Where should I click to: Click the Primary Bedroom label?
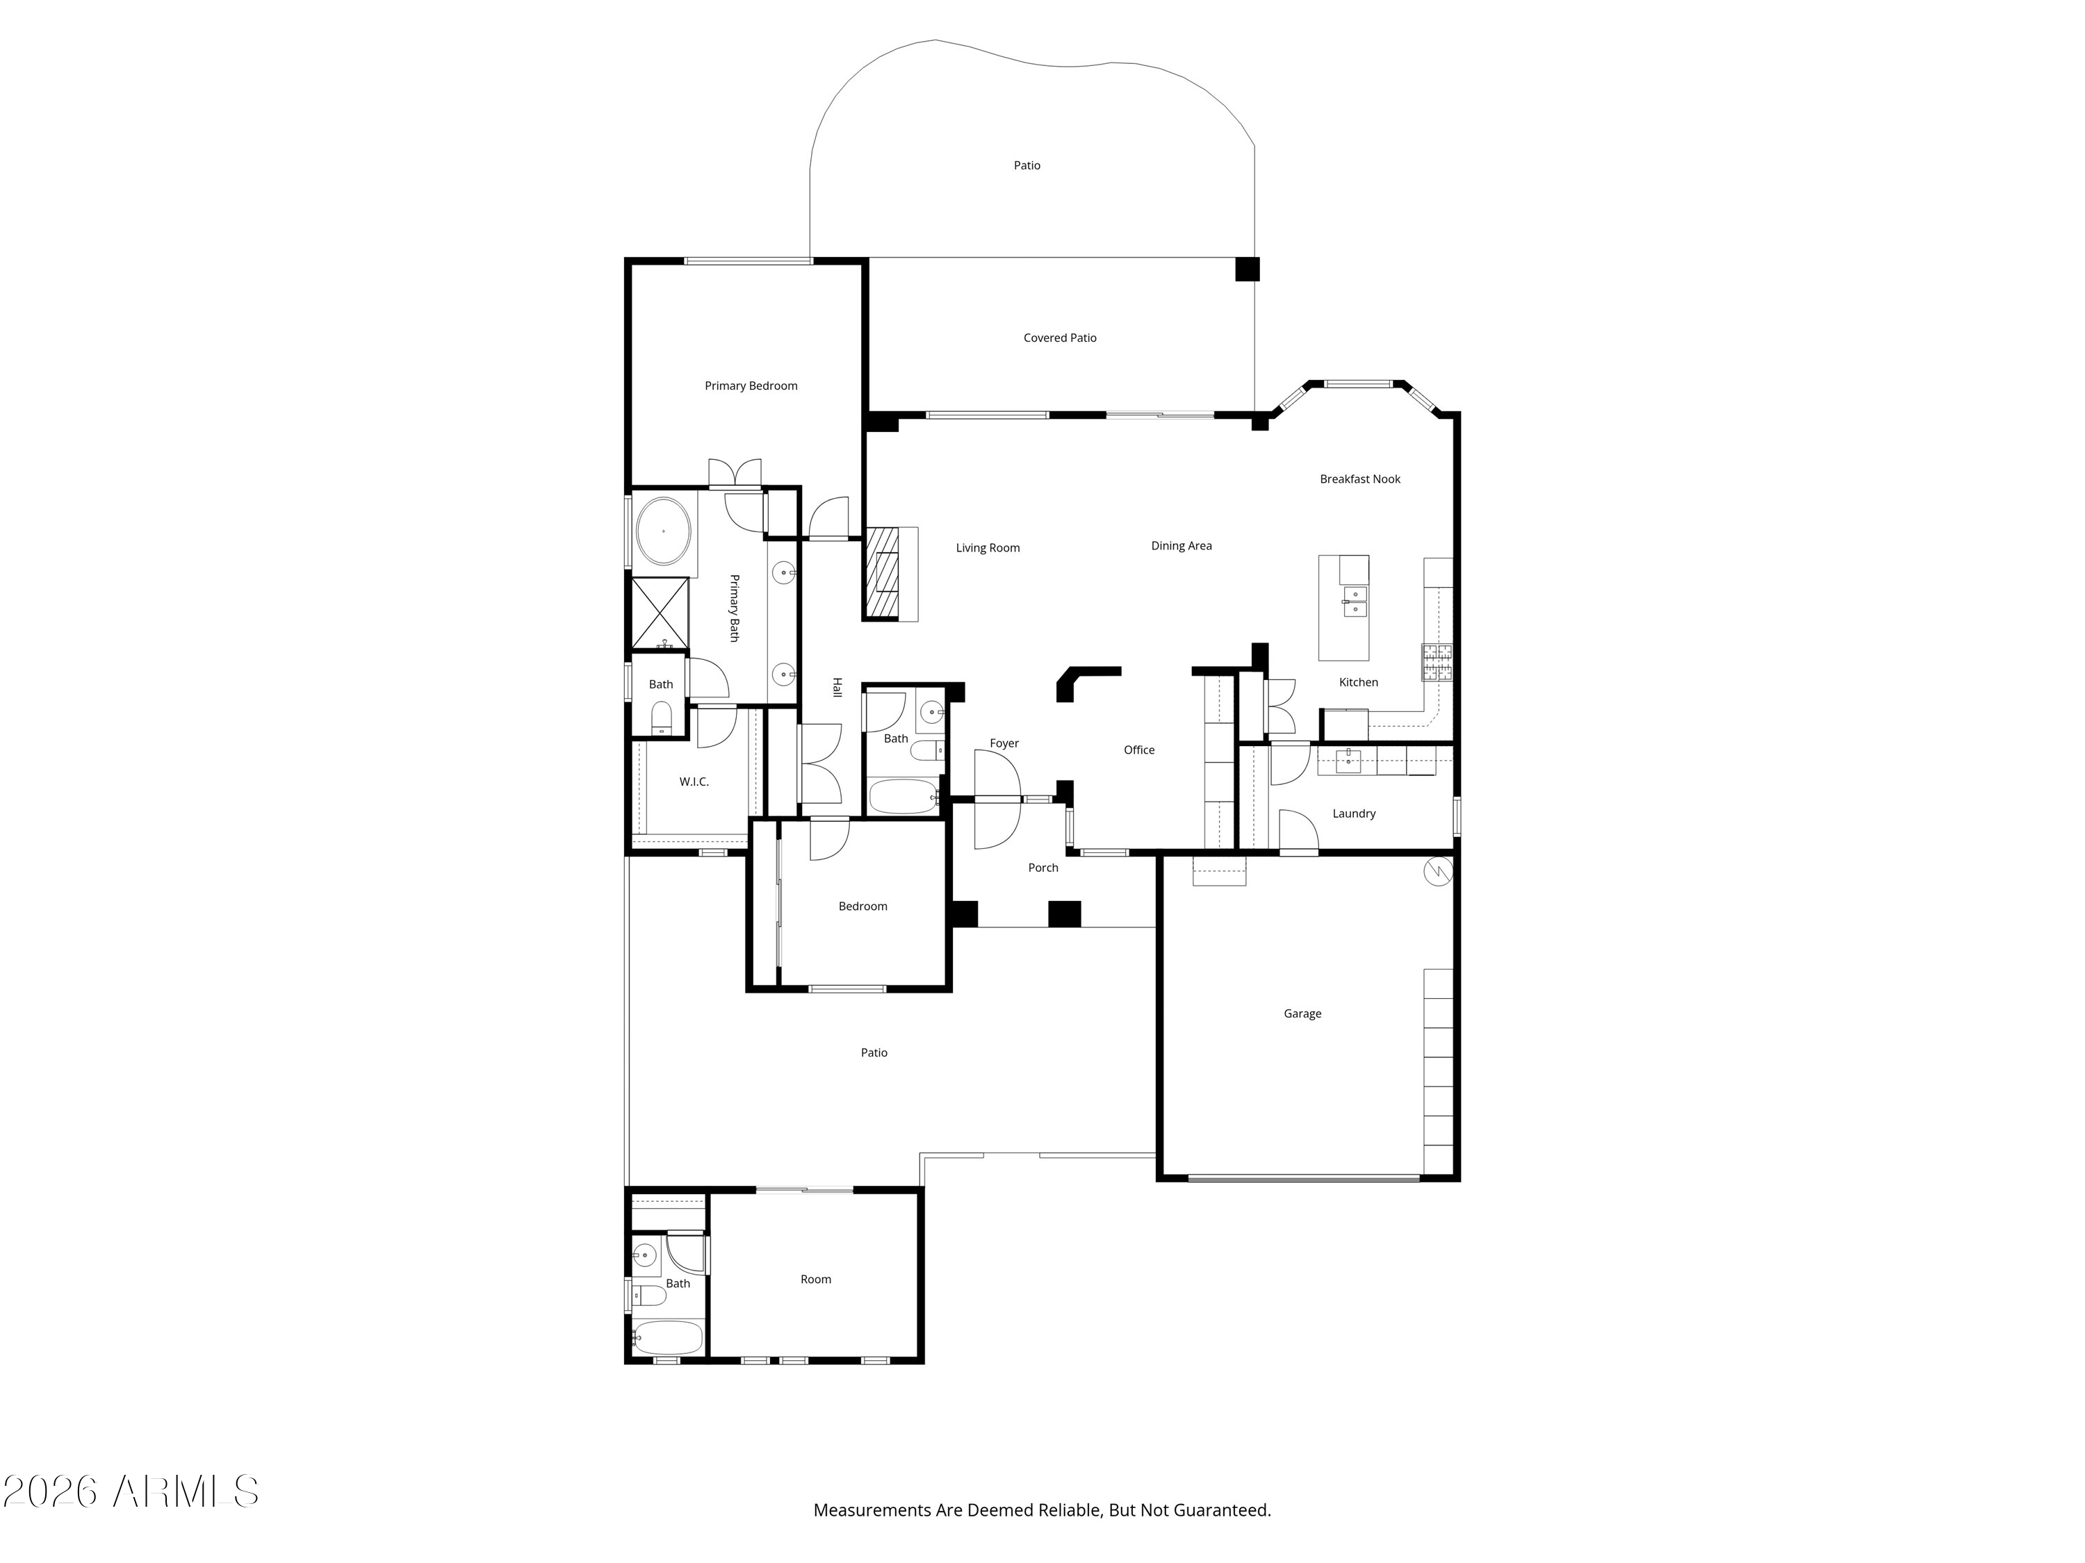pos(751,386)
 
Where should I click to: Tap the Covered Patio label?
pos(1061,338)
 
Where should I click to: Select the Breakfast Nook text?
pos(1360,479)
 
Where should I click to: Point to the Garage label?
pos(1302,1014)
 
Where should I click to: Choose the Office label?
pos(1140,750)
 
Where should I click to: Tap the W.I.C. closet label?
pos(695,782)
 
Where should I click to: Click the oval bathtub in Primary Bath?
pos(664,531)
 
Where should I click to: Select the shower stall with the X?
pos(660,613)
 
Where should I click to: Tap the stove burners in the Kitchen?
pos(1437,662)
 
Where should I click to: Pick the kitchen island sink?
pos(1355,601)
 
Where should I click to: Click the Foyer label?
pos(1005,743)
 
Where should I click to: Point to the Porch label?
pos(1043,868)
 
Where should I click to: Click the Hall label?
pos(837,688)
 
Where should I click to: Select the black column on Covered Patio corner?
pos(1248,270)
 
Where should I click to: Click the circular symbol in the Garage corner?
pos(1439,872)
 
